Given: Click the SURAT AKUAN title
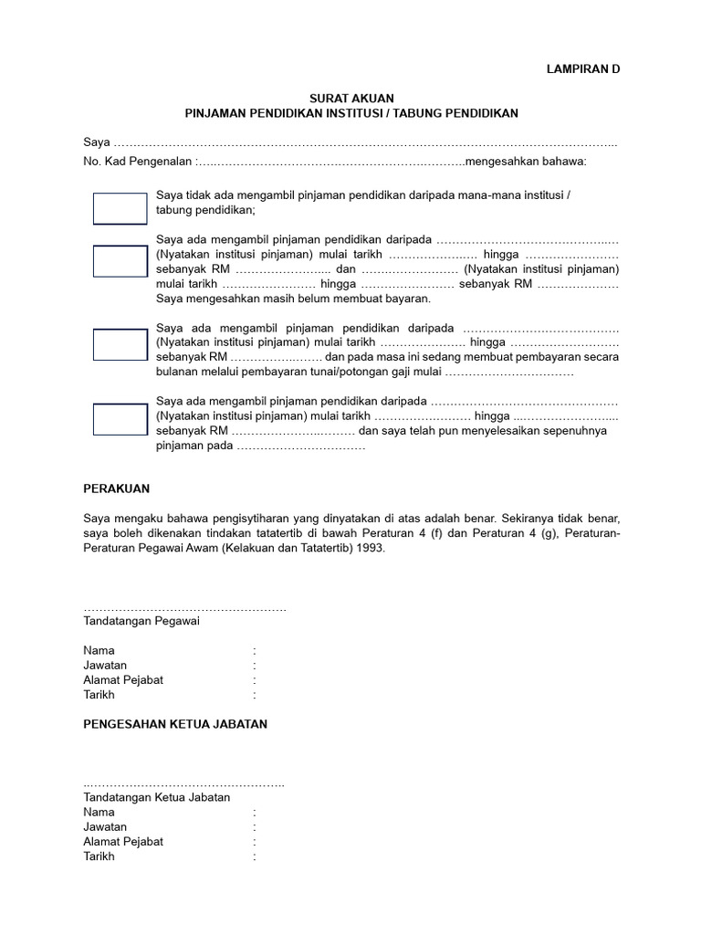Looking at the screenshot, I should click(x=350, y=98).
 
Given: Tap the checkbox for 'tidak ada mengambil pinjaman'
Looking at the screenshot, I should click(x=120, y=208).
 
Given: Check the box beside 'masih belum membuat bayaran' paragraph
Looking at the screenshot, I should click(x=120, y=261).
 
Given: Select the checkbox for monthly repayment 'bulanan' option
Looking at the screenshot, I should click(x=120, y=344).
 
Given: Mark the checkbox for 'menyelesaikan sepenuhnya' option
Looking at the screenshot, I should click(x=120, y=419).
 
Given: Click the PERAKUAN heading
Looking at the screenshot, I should click(x=116, y=489).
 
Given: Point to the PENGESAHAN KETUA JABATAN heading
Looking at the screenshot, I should click(x=175, y=724).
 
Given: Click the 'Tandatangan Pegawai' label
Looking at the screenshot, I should click(x=141, y=621).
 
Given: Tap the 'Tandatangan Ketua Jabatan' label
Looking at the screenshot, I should click(x=156, y=797).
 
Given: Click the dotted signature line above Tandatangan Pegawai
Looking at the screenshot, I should click(x=184, y=608).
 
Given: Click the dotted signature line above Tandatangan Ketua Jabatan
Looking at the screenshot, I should click(x=183, y=784).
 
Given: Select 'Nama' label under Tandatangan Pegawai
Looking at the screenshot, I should click(x=99, y=650).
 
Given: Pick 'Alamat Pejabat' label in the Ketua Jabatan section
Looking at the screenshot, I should click(x=123, y=841).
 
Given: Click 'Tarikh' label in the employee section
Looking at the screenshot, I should click(x=99, y=695).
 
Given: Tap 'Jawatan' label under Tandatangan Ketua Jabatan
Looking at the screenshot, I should click(x=105, y=826).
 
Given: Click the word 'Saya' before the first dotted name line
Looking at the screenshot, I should click(x=96, y=142).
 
